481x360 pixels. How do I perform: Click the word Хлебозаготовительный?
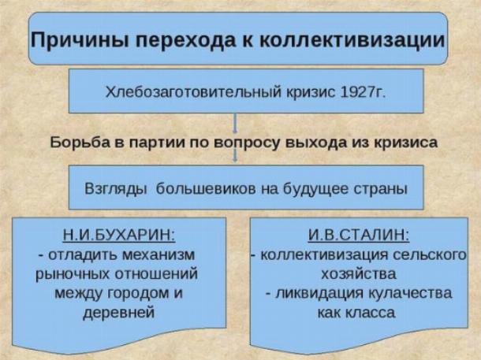pos(193,91)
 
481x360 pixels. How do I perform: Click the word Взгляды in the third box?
pos(115,189)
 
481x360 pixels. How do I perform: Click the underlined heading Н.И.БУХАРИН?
pos(119,236)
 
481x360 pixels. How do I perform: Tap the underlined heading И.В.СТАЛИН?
pos(359,236)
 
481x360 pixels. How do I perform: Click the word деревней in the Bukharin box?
pos(119,313)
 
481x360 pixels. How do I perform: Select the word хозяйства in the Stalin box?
pos(359,274)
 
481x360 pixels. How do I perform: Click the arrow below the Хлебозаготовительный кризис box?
pos(235,123)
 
